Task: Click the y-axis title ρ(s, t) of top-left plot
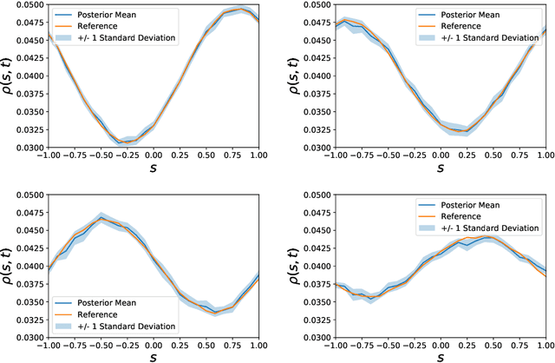(8, 76)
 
